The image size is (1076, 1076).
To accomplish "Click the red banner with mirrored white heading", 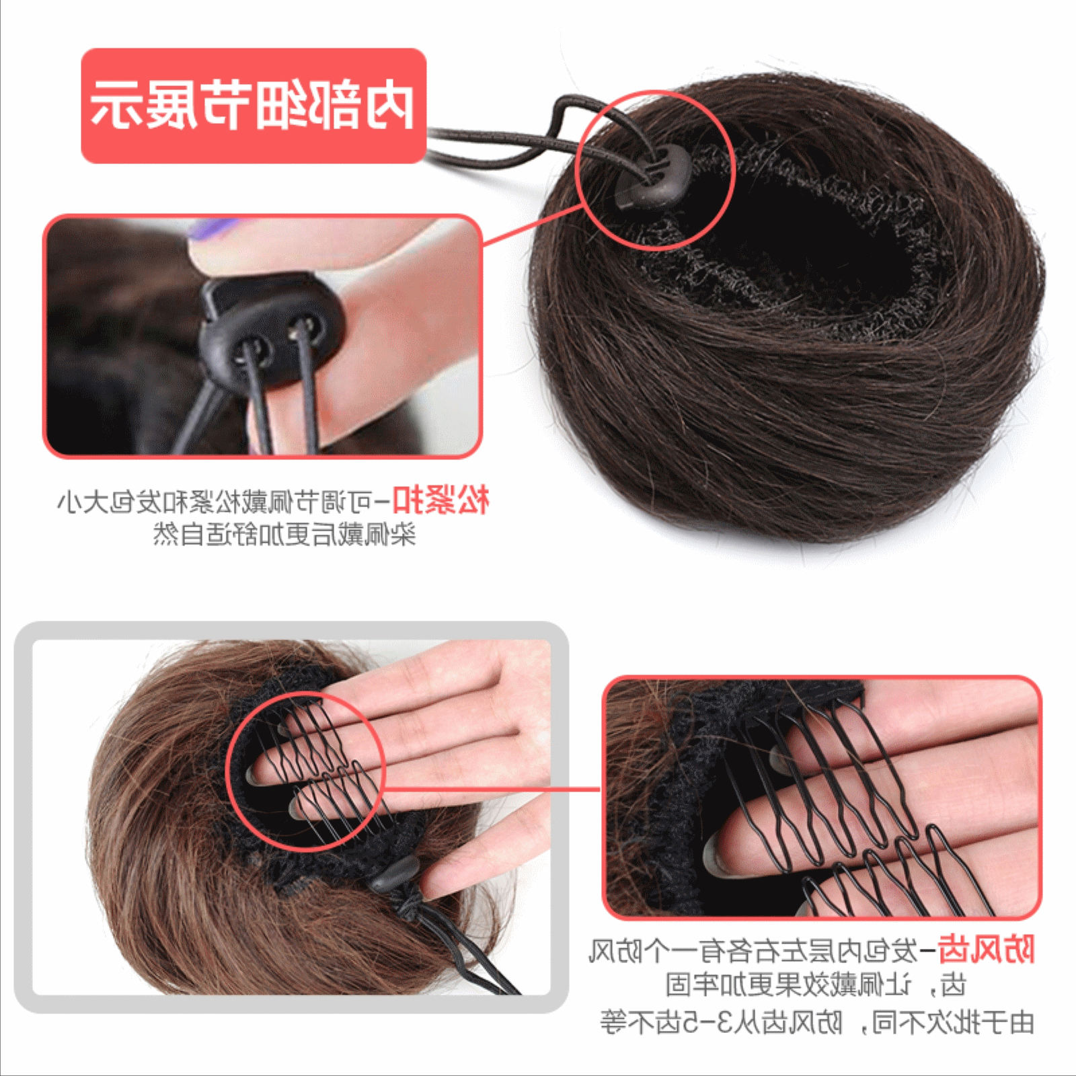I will [254, 106].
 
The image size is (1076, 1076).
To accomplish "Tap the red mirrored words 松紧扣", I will [440, 501].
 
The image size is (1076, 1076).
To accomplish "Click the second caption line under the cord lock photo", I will [284, 535].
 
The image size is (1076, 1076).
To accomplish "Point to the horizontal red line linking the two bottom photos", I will [491, 789].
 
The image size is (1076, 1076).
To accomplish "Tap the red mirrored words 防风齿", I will [985, 950].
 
